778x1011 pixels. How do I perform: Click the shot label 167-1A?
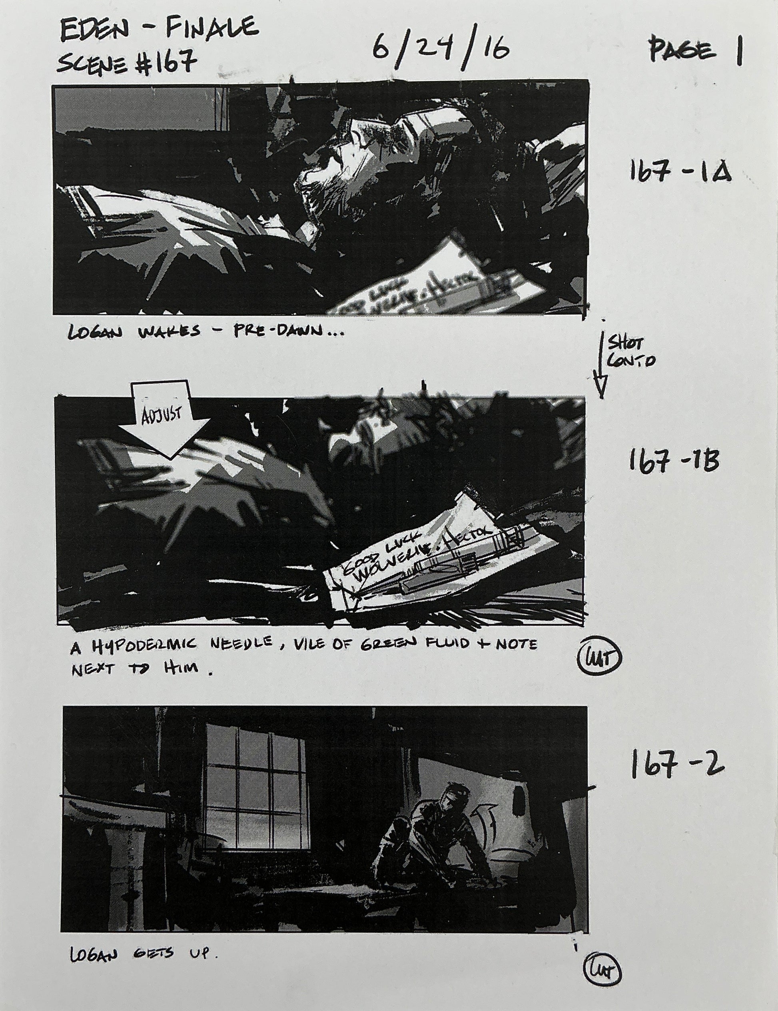click(678, 173)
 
